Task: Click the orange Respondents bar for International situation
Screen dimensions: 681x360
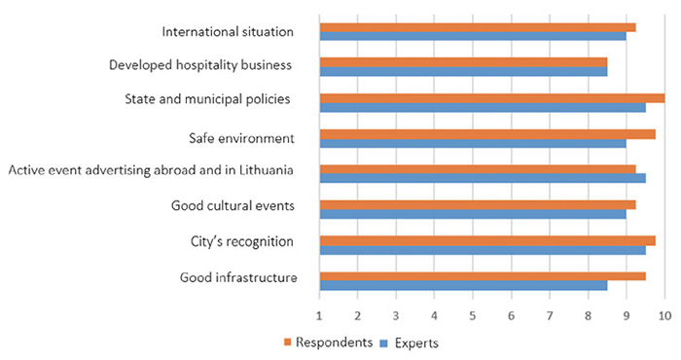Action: point(478,27)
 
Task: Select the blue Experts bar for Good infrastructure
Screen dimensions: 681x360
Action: point(463,285)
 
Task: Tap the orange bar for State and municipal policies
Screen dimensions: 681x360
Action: point(492,98)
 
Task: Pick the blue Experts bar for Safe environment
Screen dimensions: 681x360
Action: point(473,143)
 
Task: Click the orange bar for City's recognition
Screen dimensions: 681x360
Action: point(487,240)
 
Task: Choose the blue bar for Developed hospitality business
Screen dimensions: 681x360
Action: point(463,72)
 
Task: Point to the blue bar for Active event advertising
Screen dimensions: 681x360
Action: point(483,178)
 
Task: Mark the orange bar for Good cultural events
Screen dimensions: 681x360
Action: point(478,205)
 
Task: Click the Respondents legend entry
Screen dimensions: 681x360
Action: point(329,342)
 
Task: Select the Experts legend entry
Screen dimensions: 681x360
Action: point(410,343)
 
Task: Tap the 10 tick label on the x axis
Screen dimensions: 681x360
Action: point(664,315)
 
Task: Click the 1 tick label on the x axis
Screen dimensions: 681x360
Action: point(319,315)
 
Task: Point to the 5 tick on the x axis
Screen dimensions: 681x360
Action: point(473,315)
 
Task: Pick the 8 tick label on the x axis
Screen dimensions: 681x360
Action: point(588,315)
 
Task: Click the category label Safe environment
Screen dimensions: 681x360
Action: point(241,138)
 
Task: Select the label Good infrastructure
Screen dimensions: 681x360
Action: point(238,277)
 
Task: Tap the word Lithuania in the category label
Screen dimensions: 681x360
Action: point(267,170)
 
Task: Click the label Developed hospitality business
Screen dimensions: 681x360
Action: point(200,65)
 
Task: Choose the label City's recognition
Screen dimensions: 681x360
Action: point(242,241)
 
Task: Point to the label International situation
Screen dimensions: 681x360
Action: point(228,32)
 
